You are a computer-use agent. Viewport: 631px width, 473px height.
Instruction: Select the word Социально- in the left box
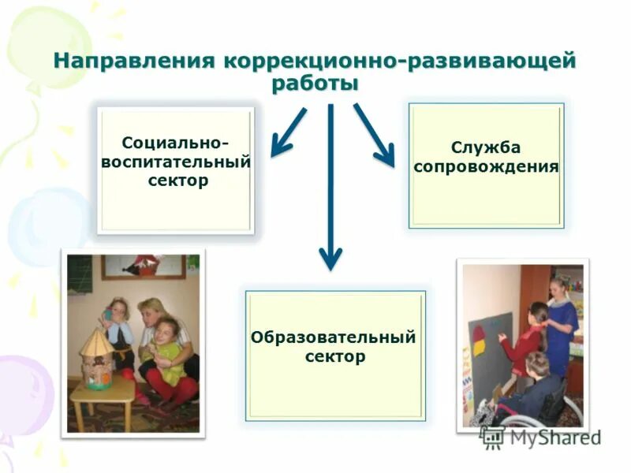pos(176,144)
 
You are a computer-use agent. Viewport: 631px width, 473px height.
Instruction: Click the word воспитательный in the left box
pos(176,162)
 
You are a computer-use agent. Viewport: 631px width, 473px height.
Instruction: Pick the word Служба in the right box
pos(486,148)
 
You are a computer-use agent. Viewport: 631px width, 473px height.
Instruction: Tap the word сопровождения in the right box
pos(486,167)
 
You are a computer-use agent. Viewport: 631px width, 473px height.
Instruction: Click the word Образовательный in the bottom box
pos(334,337)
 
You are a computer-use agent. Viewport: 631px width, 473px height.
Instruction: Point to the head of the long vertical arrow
pos(330,257)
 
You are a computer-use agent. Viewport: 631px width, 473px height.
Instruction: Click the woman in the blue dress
pos(563,323)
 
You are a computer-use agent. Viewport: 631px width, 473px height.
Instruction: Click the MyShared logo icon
pos(492,437)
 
